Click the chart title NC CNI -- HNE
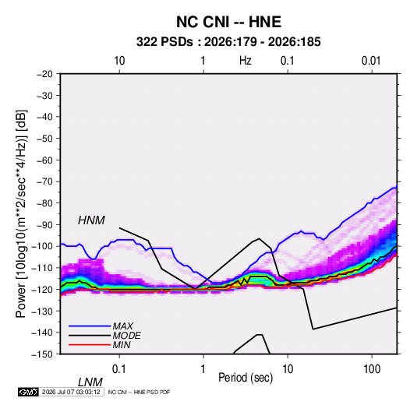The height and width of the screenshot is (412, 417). click(228, 22)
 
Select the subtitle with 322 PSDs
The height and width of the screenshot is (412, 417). click(228, 42)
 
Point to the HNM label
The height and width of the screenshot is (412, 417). click(91, 220)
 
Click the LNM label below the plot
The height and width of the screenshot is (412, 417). click(90, 382)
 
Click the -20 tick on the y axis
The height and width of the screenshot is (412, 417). click(45, 74)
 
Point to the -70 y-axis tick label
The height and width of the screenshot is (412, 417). click(45, 181)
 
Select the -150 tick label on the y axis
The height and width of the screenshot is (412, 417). click(43, 354)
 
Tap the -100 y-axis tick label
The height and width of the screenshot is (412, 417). click(43, 246)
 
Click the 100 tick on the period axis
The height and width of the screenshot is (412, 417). click(372, 369)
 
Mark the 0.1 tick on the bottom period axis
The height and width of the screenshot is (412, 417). click(119, 369)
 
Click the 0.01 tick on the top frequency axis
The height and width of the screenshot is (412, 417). click(371, 61)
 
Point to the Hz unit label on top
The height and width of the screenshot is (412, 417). click(246, 61)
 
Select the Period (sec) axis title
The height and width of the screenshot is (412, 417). click(246, 377)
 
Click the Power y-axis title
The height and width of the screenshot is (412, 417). click(21, 213)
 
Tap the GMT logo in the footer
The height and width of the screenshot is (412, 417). click(28, 392)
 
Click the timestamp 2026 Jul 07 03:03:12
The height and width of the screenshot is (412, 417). click(71, 392)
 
